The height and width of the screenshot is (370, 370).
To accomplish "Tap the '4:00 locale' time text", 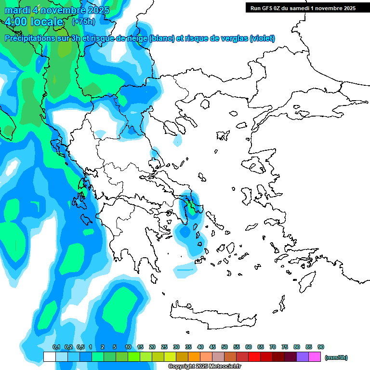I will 35,22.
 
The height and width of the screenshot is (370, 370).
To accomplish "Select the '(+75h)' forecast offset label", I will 83,22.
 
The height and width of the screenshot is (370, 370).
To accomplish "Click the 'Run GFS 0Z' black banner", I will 301,8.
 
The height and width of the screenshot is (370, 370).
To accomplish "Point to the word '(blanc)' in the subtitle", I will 162,38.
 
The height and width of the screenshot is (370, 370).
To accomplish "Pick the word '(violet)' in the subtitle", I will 263,38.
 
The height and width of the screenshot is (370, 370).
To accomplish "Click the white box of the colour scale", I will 49,357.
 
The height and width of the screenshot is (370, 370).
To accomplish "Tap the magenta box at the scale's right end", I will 315,357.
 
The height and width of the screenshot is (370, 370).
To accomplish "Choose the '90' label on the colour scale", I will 321,347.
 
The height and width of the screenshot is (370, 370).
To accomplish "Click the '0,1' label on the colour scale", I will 56,347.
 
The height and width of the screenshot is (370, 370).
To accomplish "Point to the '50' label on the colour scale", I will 225,347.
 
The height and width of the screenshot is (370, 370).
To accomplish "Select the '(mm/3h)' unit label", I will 336,357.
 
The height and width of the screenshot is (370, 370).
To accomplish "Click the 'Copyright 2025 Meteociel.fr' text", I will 204,366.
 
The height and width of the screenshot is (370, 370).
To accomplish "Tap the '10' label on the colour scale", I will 128,347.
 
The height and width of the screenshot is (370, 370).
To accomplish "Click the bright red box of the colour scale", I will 254,357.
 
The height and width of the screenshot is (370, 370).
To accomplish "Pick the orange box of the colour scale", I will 194,357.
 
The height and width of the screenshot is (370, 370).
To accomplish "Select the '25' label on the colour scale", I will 164,347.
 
